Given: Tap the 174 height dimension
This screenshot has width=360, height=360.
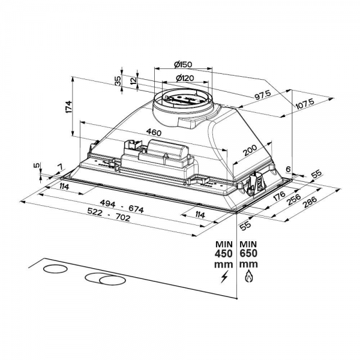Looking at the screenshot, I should pyautogui.click(x=69, y=107).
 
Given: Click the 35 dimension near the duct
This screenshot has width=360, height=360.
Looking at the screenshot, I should pyautogui.click(x=118, y=80).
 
